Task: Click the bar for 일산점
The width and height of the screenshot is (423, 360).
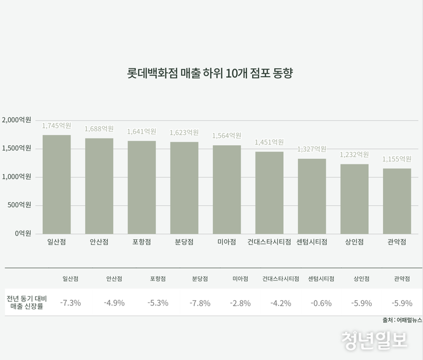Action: click(56, 184)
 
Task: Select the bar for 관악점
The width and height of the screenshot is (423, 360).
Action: click(397, 201)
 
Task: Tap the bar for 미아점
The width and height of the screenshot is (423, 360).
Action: click(227, 189)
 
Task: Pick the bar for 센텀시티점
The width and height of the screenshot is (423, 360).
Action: click(312, 196)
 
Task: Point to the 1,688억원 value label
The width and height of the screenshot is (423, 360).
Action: click(99, 129)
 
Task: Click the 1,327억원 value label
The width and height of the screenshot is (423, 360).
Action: click(312, 149)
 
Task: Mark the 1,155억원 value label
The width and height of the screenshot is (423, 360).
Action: click(397, 159)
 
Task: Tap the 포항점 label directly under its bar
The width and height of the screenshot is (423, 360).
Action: click(142, 242)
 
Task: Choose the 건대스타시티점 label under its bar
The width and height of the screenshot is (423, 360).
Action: click(269, 242)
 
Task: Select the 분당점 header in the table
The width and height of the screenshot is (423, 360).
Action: click(200, 279)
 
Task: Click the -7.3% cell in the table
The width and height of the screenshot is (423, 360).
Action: click(70, 303)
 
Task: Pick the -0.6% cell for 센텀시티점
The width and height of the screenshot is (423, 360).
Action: click(321, 303)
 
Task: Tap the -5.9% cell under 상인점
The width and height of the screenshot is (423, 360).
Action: click(362, 303)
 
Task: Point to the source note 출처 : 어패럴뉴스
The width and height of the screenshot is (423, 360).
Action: click(402, 320)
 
